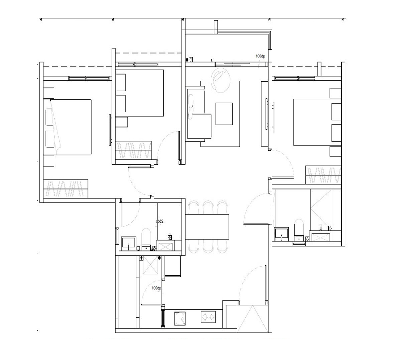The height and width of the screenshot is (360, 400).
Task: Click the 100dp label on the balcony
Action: pos(260,56)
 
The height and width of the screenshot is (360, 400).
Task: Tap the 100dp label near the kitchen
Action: pos(156,288)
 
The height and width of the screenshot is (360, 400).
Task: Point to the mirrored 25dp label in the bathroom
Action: pos(159,221)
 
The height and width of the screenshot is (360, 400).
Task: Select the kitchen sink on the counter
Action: pos(180,318)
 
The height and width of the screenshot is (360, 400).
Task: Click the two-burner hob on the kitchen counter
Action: pos(208,317)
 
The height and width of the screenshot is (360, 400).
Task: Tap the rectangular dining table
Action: pos(207,227)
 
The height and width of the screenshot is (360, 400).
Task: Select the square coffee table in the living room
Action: pos(224,114)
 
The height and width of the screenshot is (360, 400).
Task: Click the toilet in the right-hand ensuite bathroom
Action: pos(299,228)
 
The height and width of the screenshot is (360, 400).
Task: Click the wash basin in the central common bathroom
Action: pos(130,243)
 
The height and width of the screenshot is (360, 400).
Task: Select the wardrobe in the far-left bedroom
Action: pos(65,189)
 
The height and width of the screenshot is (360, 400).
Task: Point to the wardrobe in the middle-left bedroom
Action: pos(133,150)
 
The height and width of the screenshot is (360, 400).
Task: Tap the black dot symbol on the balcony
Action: pos(187,60)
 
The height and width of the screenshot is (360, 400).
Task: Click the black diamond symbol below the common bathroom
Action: pos(160,258)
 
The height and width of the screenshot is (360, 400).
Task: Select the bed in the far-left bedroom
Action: pos(68,127)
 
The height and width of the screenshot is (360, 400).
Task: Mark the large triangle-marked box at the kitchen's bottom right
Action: pos(253,318)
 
